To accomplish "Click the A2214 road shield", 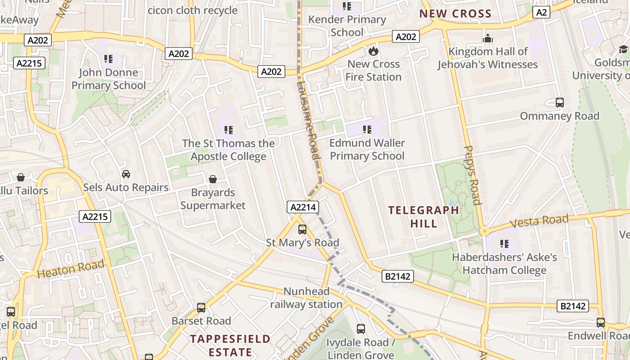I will pos(303,207).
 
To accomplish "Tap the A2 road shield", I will pos(541,12).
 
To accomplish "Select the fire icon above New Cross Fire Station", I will pos(373,51).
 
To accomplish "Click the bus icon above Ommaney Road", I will pos(559,103).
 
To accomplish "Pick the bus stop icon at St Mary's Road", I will pos(302,229).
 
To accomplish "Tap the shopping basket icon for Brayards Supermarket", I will pos(213,179).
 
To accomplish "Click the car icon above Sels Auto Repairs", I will pos(126,174).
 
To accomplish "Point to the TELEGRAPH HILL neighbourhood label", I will pos(423,216).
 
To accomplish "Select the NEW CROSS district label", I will pos(455,13).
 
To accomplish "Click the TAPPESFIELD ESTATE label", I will pos(230,345).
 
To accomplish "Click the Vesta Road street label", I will pos(539,221).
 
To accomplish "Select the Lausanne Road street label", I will pos(309,121).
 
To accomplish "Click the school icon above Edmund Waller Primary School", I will pos(367,130).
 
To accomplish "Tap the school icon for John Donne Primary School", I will pos(108,59).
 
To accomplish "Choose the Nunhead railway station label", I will pos(306,298).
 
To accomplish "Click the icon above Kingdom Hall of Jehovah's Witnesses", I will pos(488,39).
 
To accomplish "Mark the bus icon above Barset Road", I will pos(201,308).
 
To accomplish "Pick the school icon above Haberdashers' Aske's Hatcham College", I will pos(504,244).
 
